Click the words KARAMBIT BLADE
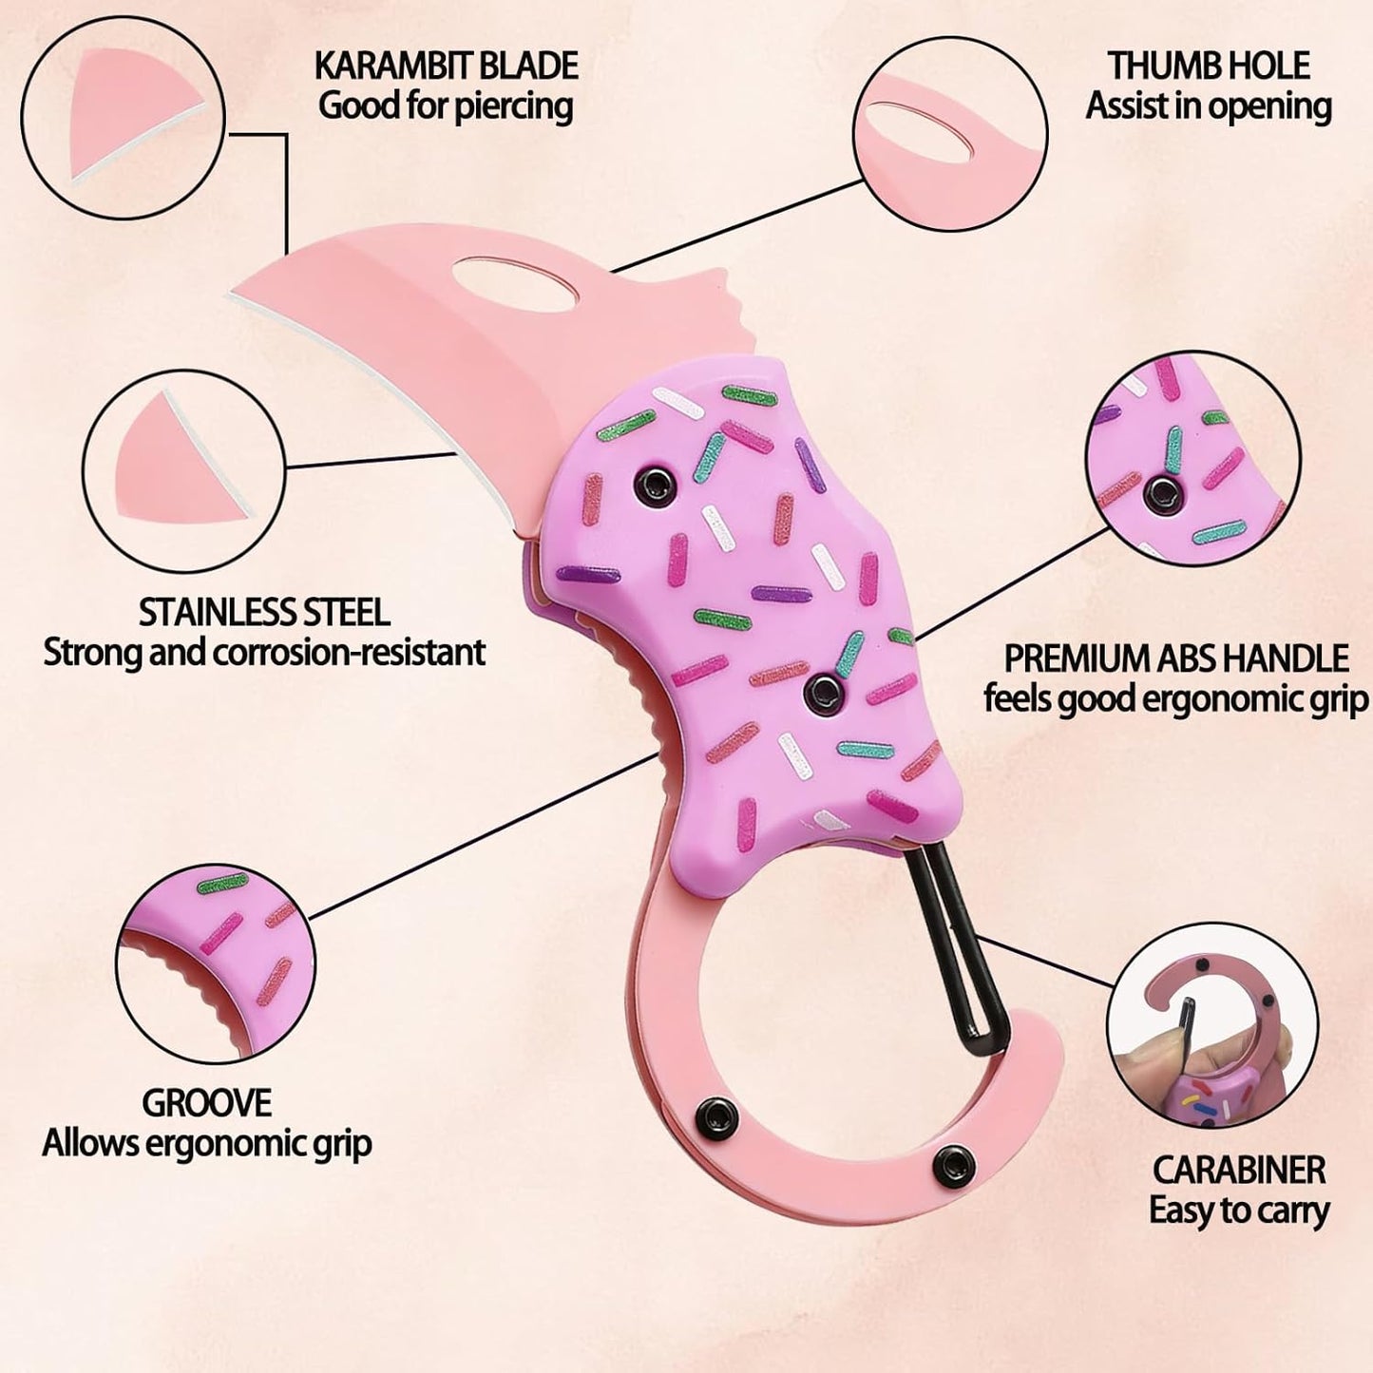[x=446, y=66]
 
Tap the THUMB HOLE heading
[x=1209, y=66]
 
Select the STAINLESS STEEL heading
[x=264, y=612]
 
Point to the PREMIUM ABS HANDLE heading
[x=1176, y=658]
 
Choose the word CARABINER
[x=1239, y=1170]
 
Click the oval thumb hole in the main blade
[x=514, y=284]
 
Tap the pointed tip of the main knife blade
[x=232, y=294]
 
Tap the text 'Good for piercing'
[x=446, y=106]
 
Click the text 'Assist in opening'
[x=1209, y=106]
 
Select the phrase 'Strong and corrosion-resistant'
[x=264, y=653]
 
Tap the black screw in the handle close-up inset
[x=1162, y=491]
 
